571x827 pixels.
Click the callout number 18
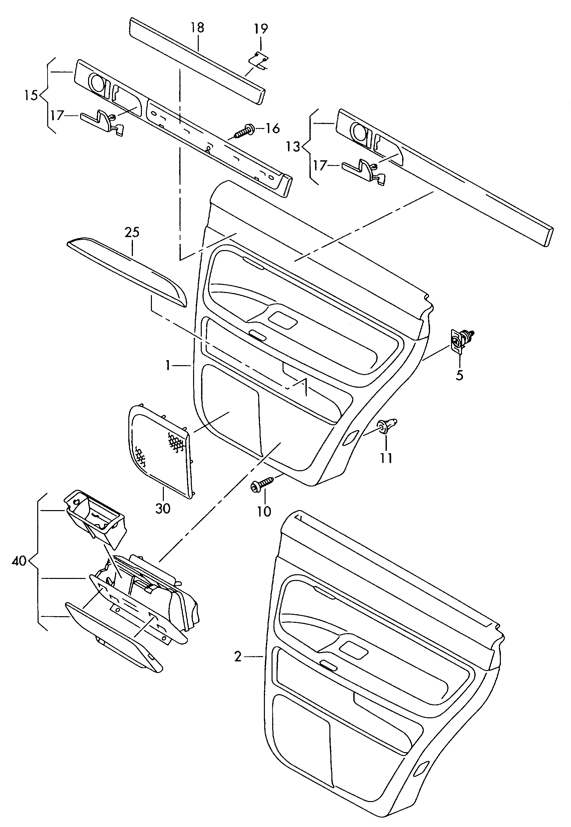197,27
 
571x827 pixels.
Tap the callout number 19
261,28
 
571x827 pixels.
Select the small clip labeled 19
259,60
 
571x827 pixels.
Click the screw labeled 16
245,131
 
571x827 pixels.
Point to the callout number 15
31,95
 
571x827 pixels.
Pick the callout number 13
293,146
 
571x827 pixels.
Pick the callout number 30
163,508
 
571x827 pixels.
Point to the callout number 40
19,561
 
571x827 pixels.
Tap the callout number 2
238,657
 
